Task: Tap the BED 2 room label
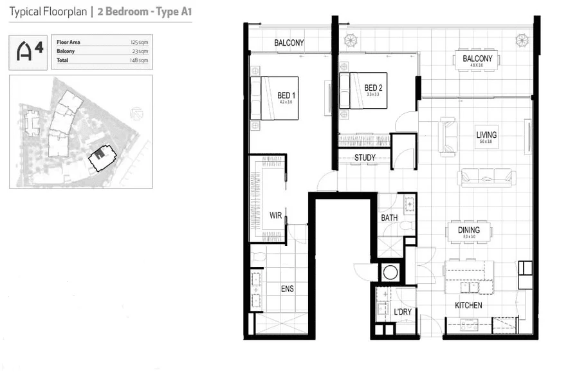tap(373, 88)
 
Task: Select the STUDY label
tap(365, 157)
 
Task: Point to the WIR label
tap(276, 215)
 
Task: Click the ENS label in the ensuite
tap(287, 289)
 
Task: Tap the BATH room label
tap(389, 218)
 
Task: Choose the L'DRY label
tap(403, 312)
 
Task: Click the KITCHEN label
tap(468, 306)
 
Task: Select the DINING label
tap(468, 230)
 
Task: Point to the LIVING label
tap(486, 135)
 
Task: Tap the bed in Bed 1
tap(275, 98)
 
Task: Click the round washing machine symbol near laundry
tap(390, 272)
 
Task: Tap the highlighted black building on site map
tap(99, 156)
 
